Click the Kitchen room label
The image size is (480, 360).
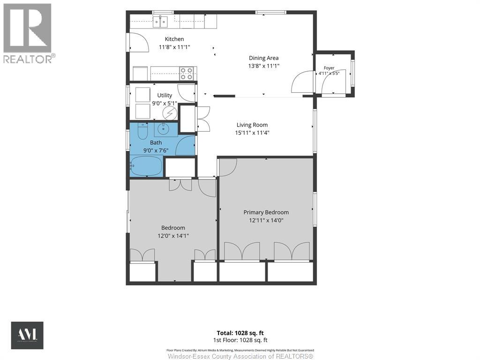pyautogui.click(x=174, y=39)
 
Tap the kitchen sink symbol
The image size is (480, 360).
pyautogui.click(x=160, y=22)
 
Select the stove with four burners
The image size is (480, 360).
pyautogui.click(x=187, y=74)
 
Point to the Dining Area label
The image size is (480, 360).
pyautogui.click(x=263, y=58)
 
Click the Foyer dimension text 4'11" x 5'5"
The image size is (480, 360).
pyautogui.click(x=327, y=74)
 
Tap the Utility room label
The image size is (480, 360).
pyautogui.click(x=165, y=95)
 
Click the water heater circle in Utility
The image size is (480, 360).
pyautogui.click(x=170, y=113)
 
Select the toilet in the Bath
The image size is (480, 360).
pyautogui.click(x=143, y=131)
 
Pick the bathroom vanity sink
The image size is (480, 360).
pyautogui.click(x=163, y=129)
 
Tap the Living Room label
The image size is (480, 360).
pyautogui.click(x=252, y=125)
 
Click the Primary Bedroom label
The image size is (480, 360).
pyautogui.click(x=266, y=212)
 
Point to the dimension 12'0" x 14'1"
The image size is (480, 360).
pyautogui.click(x=173, y=236)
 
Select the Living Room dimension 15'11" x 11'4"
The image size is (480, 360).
pyautogui.click(x=252, y=133)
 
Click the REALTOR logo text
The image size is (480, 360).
pyautogui.click(x=29, y=59)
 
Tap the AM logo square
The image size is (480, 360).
pyautogui.click(x=27, y=335)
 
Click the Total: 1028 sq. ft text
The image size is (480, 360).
pyautogui.click(x=240, y=333)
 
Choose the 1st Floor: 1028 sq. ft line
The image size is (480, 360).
pyautogui.click(x=240, y=340)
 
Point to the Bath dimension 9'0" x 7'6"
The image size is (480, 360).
pyautogui.click(x=156, y=150)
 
